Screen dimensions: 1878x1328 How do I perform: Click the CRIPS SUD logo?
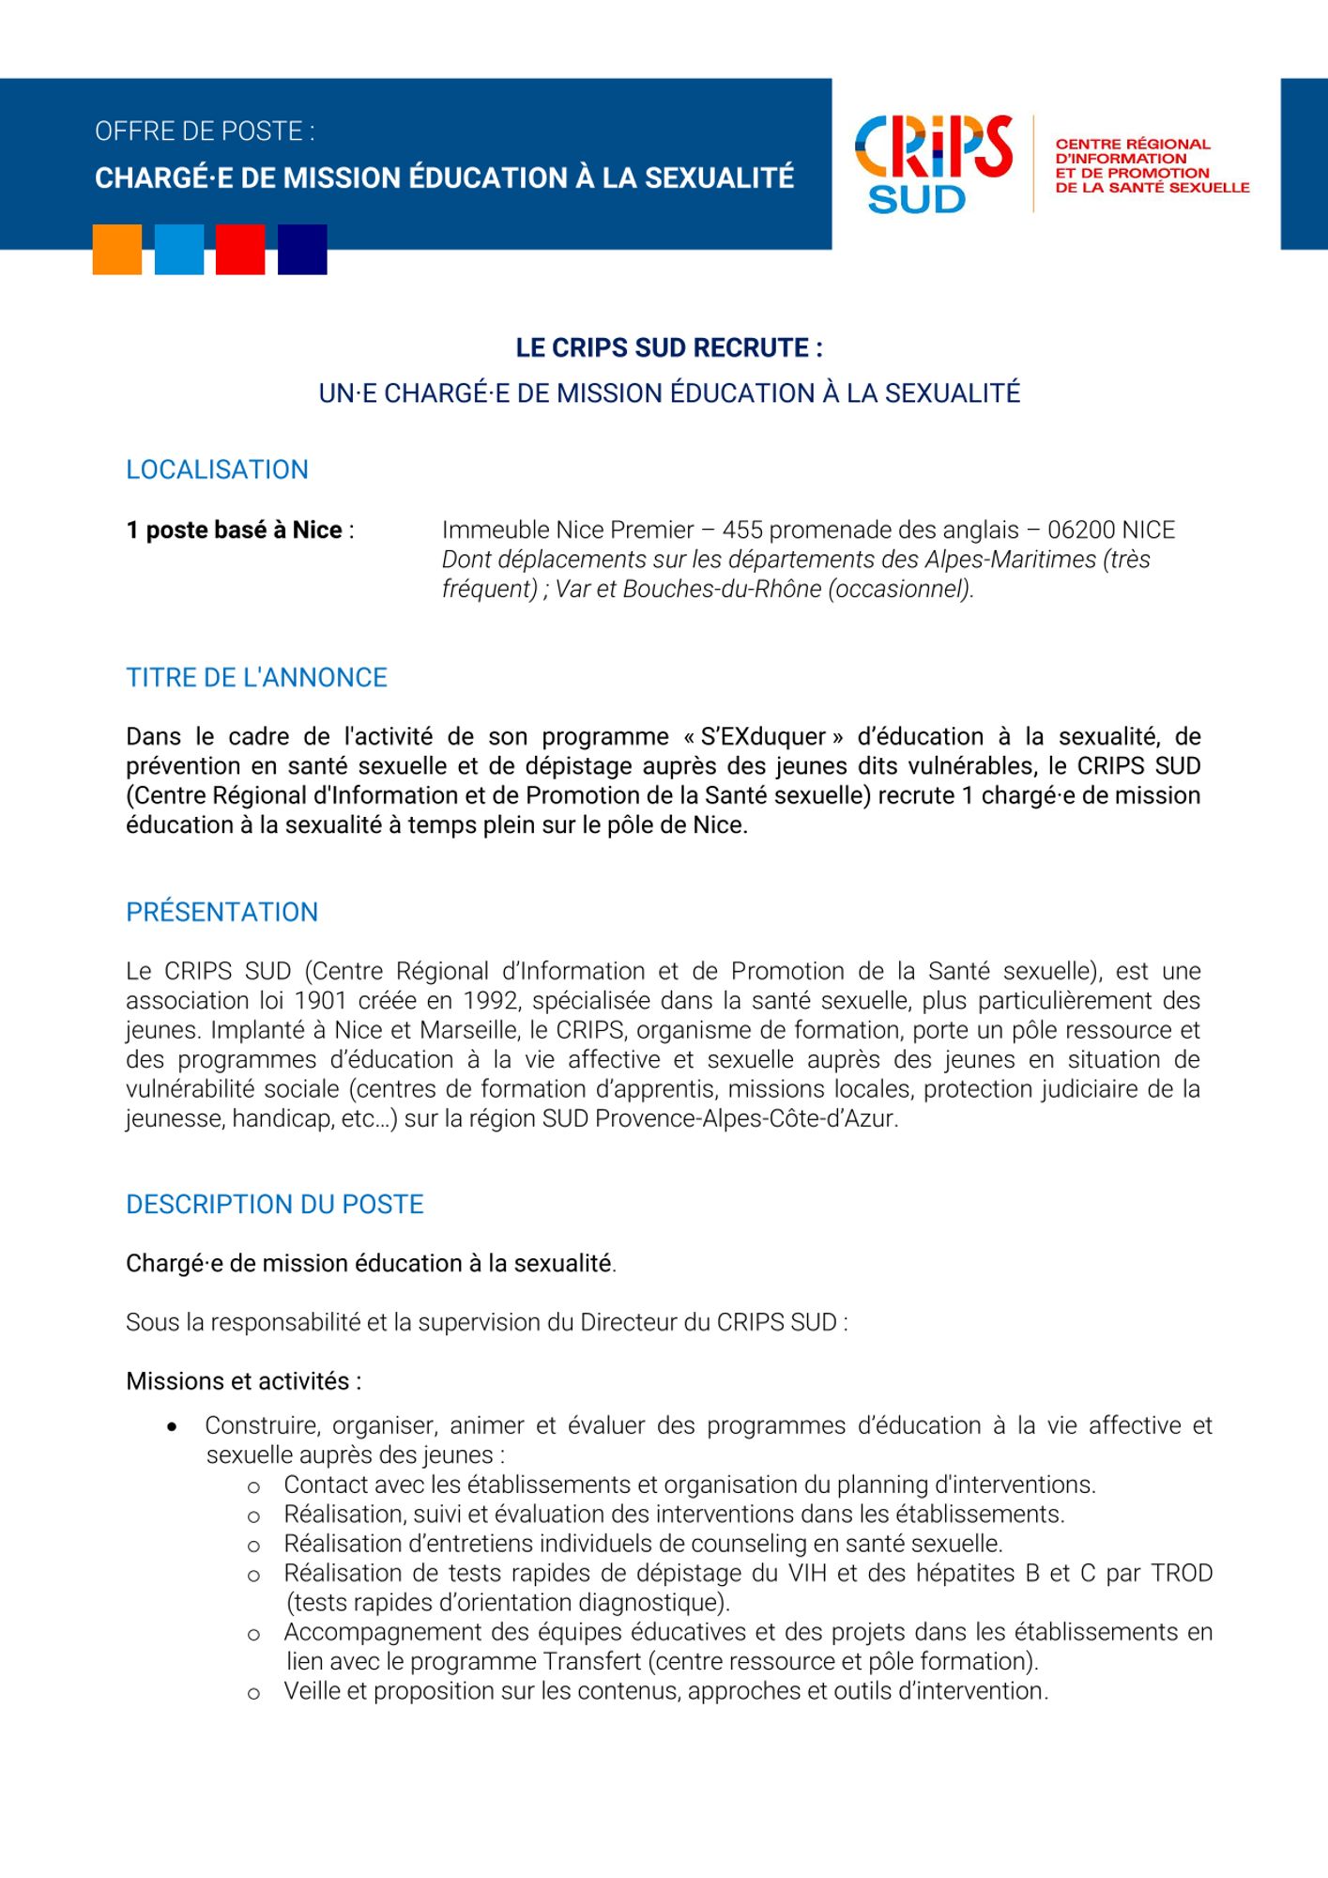[x=933, y=163]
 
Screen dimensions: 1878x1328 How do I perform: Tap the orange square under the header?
[x=117, y=250]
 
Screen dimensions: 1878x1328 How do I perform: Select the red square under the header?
[x=240, y=250]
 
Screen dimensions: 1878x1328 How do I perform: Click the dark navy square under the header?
[x=302, y=250]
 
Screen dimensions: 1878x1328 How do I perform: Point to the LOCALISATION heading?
[x=217, y=469]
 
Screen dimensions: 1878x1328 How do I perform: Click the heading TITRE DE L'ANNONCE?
[x=256, y=678]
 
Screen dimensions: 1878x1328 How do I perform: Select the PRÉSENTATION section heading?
[x=221, y=912]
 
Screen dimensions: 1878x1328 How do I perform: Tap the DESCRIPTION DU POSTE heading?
[x=274, y=1205]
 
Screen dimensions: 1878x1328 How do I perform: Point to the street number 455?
[x=741, y=531]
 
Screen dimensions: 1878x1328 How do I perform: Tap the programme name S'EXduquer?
[x=763, y=737]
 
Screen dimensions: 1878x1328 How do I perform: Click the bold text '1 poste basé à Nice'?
[x=234, y=531]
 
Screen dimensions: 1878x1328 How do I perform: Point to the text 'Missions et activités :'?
[x=243, y=1381]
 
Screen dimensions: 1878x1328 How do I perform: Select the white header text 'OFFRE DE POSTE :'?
[x=205, y=131]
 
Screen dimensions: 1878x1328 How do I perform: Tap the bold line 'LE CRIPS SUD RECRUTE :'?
[x=669, y=348]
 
